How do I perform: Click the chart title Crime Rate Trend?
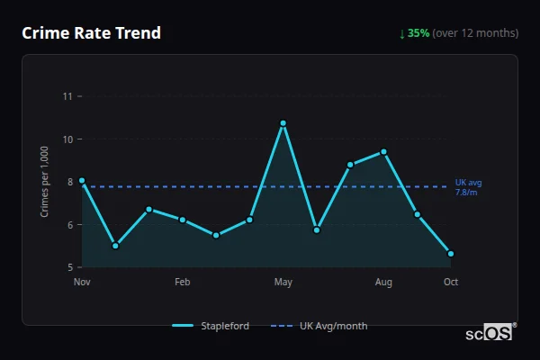pos(92,33)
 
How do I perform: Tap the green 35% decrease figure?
pos(418,33)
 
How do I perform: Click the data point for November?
pos(82,181)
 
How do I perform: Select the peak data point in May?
pos(283,123)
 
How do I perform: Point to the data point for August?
pos(383,152)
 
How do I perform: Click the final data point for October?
pos(451,254)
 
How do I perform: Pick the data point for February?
pos(183,220)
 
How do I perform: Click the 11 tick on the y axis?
pos(67,96)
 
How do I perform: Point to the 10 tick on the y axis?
pos(67,139)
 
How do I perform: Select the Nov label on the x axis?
pos(82,283)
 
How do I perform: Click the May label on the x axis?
pos(283,283)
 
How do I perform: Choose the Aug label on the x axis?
pos(383,283)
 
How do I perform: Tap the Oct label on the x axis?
pos(451,283)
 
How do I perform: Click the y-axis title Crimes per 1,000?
pos(44,182)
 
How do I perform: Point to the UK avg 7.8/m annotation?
pos(467,187)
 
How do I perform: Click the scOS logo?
pos(490,333)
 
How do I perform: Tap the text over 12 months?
pos(475,33)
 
